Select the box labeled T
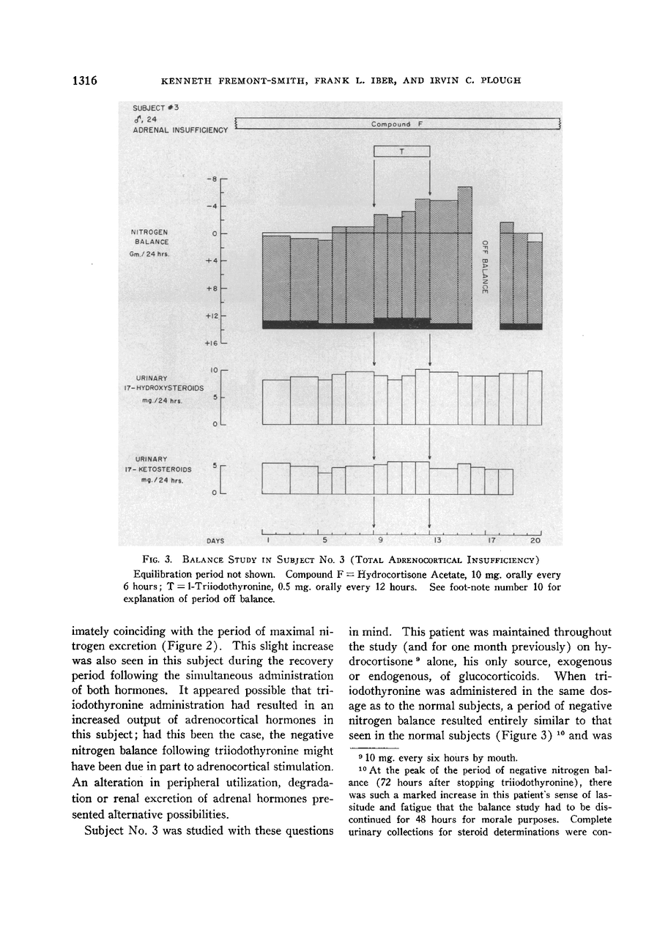pyautogui.click(x=401, y=152)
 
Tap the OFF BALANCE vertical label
pyautogui.click(x=484, y=267)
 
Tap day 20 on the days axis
pyautogui.click(x=535, y=540)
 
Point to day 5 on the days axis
pyautogui.click(x=323, y=540)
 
